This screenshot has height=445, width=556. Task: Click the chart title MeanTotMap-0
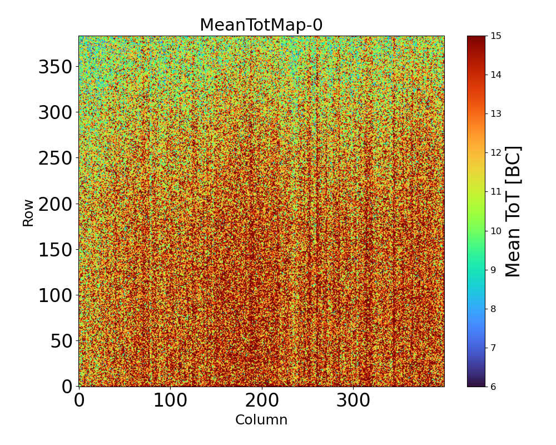coord(261,26)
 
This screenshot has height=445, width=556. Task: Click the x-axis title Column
coord(261,420)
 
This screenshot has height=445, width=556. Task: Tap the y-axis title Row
coord(28,213)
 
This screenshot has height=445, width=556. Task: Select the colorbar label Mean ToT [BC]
coord(513,211)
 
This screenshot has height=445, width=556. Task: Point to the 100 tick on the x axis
coord(170,400)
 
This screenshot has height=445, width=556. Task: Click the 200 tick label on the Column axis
coord(261,400)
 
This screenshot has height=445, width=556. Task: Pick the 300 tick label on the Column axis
coord(353,400)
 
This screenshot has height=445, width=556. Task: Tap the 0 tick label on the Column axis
coord(79,400)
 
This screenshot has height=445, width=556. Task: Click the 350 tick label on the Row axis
coord(55,67)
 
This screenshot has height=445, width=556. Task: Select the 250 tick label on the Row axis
coord(55,159)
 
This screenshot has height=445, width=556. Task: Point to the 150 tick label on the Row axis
coord(55,250)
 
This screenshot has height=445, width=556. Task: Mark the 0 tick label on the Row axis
coord(67,386)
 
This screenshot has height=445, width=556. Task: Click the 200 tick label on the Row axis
coord(55,204)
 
